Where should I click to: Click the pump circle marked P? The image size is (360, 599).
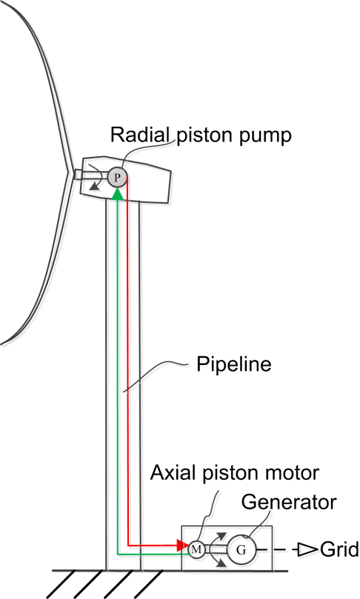pyautogui.click(x=117, y=176)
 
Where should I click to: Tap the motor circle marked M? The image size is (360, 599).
pyautogui.click(x=196, y=549)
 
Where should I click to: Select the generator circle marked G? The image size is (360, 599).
pyautogui.click(x=241, y=549)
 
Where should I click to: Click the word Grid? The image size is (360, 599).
pyautogui.click(x=339, y=549)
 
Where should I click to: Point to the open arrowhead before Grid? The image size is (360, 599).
pyautogui.click(x=306, y=549)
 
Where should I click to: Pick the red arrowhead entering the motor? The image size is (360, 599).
pyautogui.click(x=182, y=546)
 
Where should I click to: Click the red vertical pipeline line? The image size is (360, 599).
pyautogui.click(x=129, y=370)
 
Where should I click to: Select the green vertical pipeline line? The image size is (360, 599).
pyautogui.click(x=117, y=370)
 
